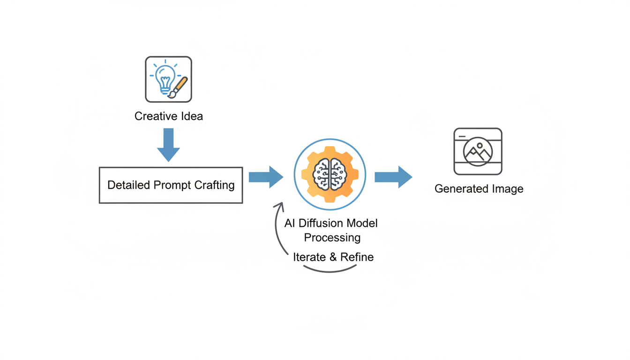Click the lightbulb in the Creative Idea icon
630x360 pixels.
pyautogui.click(x=165, y=77)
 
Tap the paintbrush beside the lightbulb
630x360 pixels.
pyautogui.click(x=179, y=87)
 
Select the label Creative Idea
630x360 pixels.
pyautogui.click(x=168, y=116)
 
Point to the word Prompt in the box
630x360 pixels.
pyautogui.click(x=172, y=185)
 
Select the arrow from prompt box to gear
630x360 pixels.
pyautogui.click(x=266, y=177)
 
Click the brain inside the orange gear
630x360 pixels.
pyautogui.click(x=330, y=174)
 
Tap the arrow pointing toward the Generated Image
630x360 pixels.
pyautogui.click(x=393, y=177)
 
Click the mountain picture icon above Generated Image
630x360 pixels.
pyautogui.click(x=478, y=151)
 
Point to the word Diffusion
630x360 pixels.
pyautogui.click(x=323, y=223)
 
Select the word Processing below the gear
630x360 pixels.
pyautogui.click(x=332, y=238)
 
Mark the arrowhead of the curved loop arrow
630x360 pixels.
pyautogui.click(x=280, y=206)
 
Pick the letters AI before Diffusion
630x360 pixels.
pyautogui.click(x=289, y=223)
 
